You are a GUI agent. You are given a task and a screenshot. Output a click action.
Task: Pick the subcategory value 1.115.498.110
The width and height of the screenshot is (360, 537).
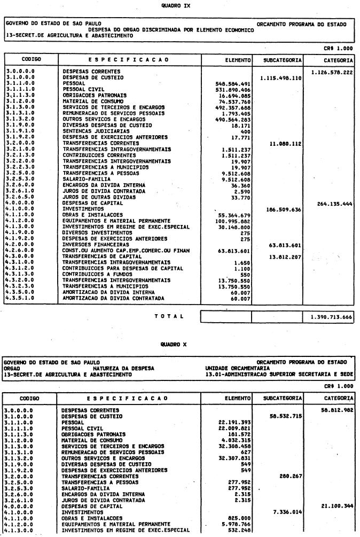pos(280,78)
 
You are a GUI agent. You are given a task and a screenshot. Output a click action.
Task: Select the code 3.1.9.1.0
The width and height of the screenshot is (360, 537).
pos(20,130)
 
